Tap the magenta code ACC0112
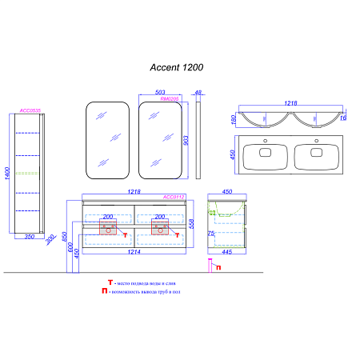[x=174, y=197]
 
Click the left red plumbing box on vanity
[x=111, y=230]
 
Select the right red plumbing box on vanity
[x=160, y=230]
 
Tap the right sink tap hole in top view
[x=318, y=144]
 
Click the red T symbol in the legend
[x=110, y=283]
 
